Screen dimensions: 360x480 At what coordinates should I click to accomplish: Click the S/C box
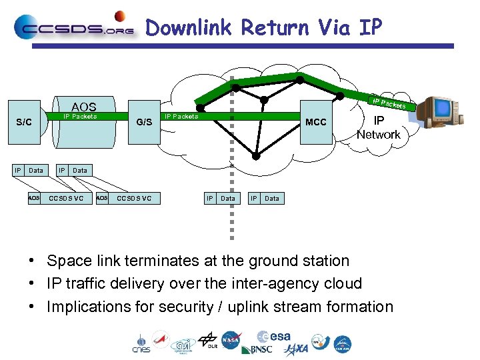tap(24, 122)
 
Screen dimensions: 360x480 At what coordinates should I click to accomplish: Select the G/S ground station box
tap(144, 122)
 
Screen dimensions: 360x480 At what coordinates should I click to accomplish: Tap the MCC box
tap(315, 122)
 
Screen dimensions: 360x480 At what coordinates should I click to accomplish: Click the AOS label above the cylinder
tap(84, 107)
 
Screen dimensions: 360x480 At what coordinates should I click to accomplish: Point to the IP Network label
tap(378, 127)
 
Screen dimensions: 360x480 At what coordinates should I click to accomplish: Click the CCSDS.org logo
tap(73, 28)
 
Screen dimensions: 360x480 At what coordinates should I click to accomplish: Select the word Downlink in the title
tap(189, 28)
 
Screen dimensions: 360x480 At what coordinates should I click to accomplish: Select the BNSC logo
tap(257, 349)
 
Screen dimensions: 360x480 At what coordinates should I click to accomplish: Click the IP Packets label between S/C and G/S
tap(80, 117)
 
